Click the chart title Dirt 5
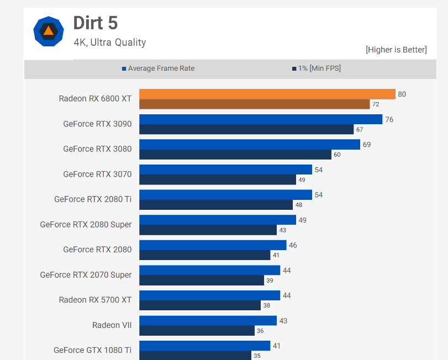pyautogui.click(x=96, y=23)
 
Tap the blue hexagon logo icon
pyautogui.click(x=48, y=31)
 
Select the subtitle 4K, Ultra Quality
pyautogui.click(x=110, y=42)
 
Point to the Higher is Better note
pyautogui.click(x=396, y=50)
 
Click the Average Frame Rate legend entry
pyautogui.click(x=161, y=68)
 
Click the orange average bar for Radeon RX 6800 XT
pyautogui.click(x=267, y=94)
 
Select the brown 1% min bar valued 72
pyautogui.click(x=254, y=104)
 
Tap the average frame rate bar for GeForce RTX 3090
pyautogui.click(x=261, y=119)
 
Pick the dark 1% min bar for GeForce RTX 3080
pyautogui.click(x=235, y=155)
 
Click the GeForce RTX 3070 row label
pyautogui.click(x=97, y=174)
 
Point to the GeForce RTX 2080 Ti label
pyautogui.click(x=93, y=199)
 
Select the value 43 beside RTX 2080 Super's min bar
pyautogui.click(x=282, y=230)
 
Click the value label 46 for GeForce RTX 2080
pyautogui.click(x=293, y=245)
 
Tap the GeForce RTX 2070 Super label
pyautogui.click(x=86, y=275)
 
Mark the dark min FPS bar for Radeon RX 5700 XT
pyautogui.click(x=200, y=305)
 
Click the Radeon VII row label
pyautogui.click(x=112, y=325)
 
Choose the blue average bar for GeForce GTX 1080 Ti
pyautogui.click(x=204, y=346)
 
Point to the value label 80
pyautogui.click(x=402, y=94)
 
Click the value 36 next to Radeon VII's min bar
pyautogui.click(x=260, y=331)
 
